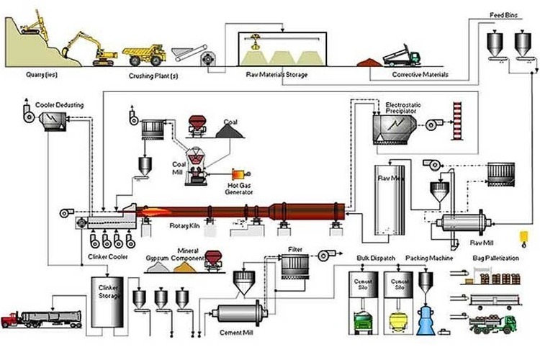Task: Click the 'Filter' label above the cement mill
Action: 295,249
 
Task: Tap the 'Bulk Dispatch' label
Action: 373,257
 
